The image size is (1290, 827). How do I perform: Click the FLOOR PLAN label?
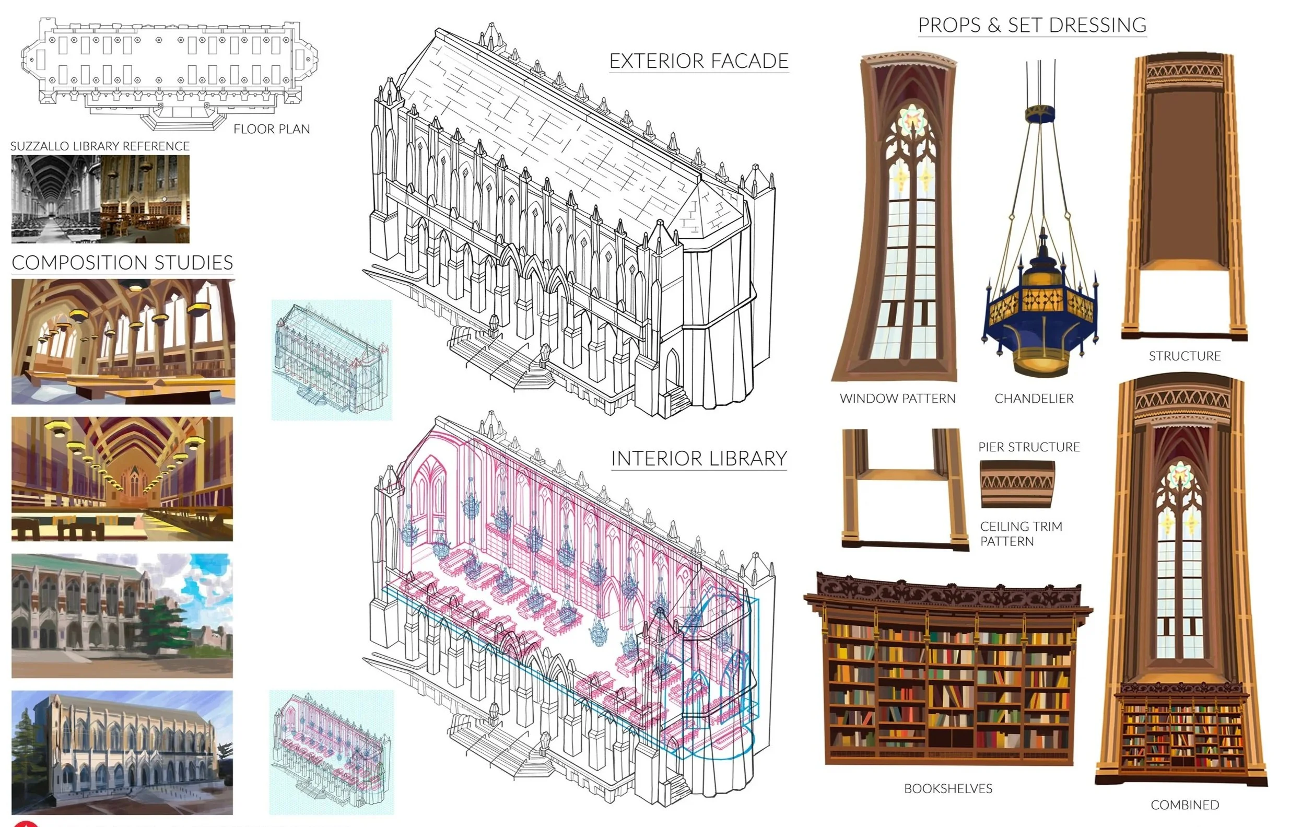[x=272, y=129]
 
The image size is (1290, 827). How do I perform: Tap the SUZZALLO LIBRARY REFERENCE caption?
[x=100, y=146]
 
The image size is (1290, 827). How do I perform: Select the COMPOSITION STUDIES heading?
[x=122, y=263]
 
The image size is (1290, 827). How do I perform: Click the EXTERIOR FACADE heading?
[x=699, y=61]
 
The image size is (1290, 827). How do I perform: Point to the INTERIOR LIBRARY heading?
[x=699, y=459]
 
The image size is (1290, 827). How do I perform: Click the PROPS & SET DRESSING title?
[x=1033, y=25]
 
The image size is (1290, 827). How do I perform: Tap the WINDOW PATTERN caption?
[x=898, y=399]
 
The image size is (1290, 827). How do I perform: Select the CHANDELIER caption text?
[x=1034, y=399]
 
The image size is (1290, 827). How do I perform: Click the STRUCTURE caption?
[x=1185, y=356]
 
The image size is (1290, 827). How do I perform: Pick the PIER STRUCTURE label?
[x=1029, y=447]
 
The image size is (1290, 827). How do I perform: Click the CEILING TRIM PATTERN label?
[x=1021, y=534]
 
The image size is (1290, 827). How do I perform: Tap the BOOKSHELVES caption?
[x=948, y=788]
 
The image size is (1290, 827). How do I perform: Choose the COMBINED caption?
[x=1185, y=805]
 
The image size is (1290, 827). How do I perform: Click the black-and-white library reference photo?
[x=56, y=199]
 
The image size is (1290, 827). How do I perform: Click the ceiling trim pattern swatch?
[x=1017, y=484]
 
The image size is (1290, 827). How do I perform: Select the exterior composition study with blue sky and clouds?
[x=122, y=615]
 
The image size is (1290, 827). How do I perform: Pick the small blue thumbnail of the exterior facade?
[x=331, y=360]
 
